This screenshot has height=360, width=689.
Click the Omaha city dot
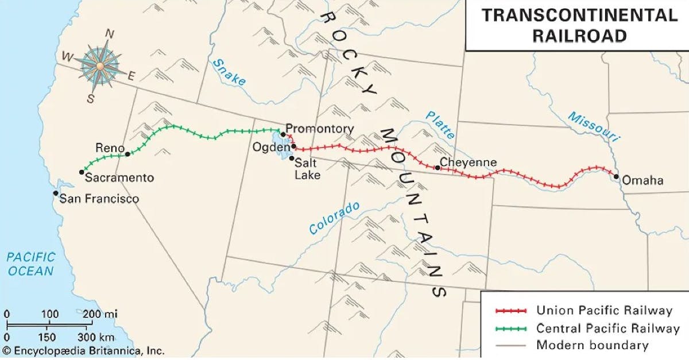tap(616, 177)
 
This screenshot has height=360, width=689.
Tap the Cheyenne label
tap(468, 162)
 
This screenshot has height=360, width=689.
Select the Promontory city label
tap(320, 129)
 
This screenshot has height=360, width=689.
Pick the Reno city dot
tap(127, 154)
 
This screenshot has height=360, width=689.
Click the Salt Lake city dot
tap(292, 158)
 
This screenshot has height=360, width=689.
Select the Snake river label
tap(228, 72)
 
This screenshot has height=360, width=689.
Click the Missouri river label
tap(594, 126)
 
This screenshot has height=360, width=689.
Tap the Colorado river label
tap(334, 218)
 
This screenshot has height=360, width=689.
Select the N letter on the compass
tap(109, 34)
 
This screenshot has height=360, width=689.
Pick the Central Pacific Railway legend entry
tap(607, 328)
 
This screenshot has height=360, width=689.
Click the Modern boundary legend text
tap(592, 346)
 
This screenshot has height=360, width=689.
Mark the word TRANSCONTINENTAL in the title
tap(579, 16)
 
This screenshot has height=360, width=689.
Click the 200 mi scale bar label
tap(103, 314)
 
